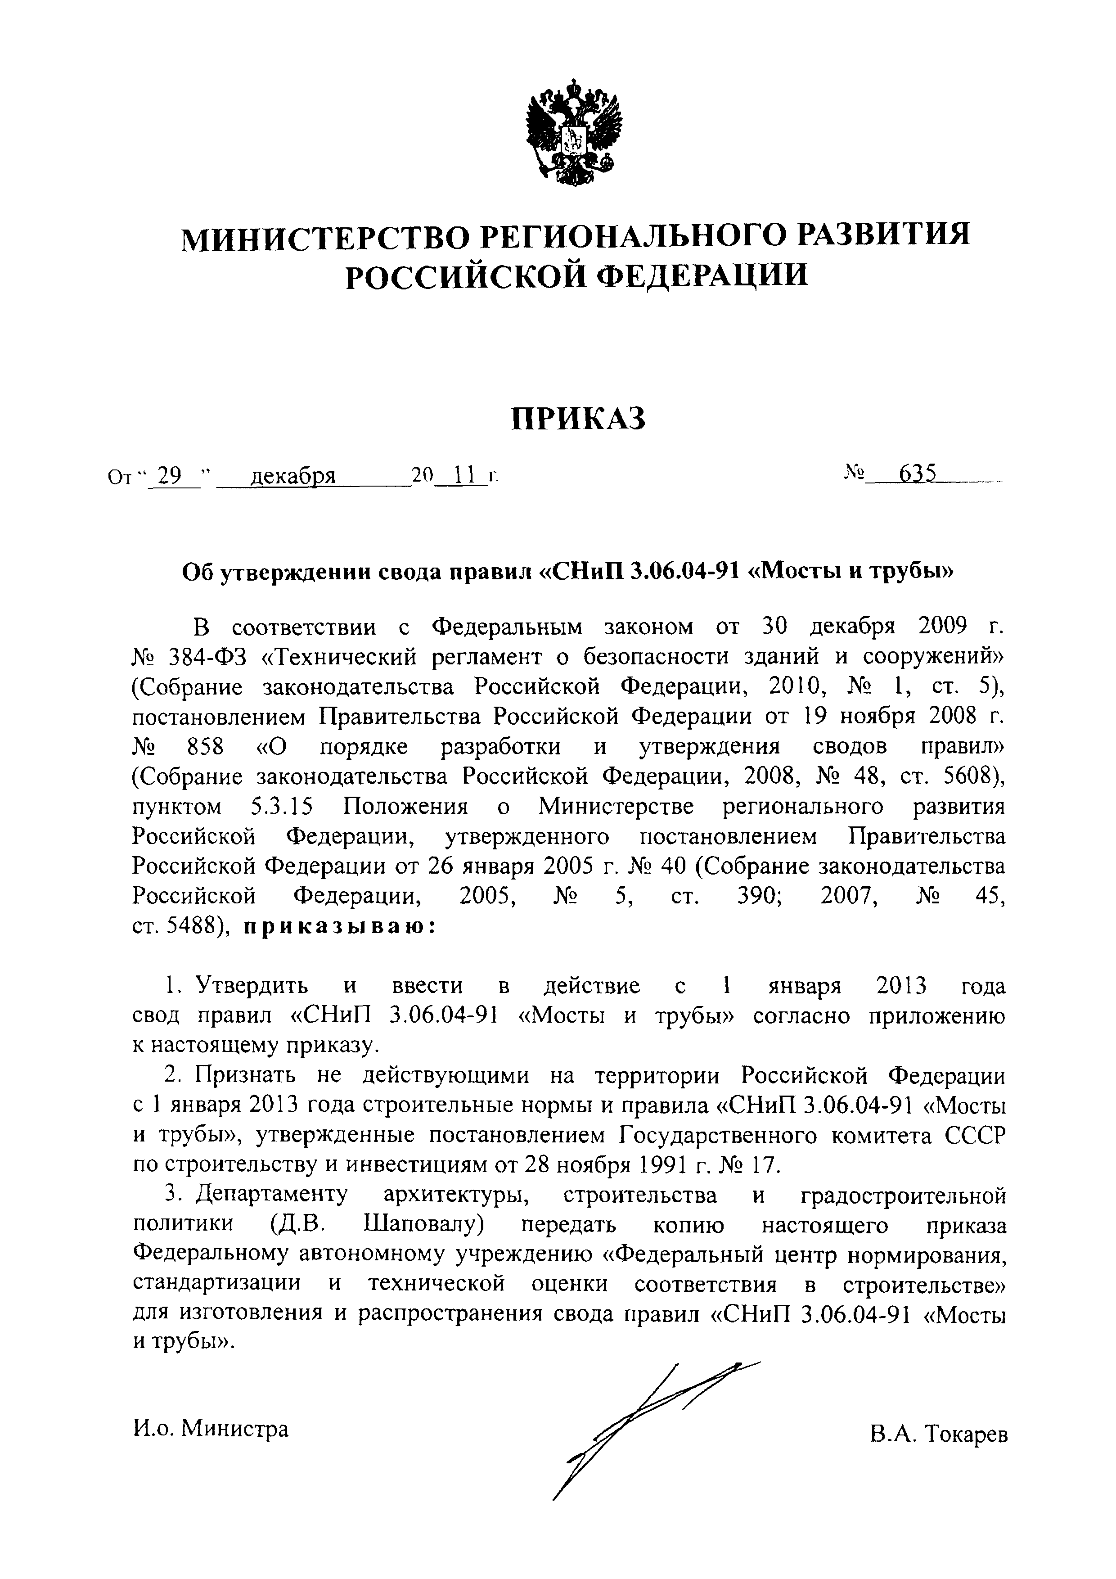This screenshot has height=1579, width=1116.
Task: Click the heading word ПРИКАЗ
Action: [578, 419]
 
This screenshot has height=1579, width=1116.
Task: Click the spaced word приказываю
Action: [339, 927]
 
